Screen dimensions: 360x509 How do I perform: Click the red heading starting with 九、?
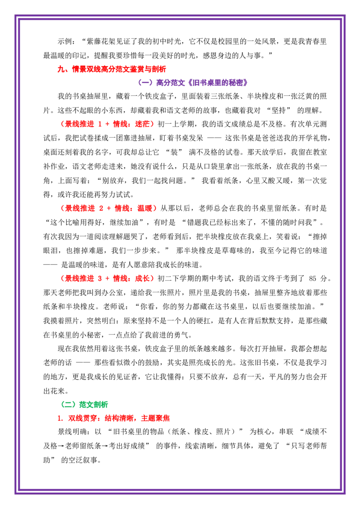pyautogui.click(x=112, y=69)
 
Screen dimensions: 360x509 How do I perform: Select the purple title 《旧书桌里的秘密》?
pyautogui.click(x=218, y=83)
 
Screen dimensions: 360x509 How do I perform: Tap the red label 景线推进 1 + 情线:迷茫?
pyautogui.click(x=107, y=125)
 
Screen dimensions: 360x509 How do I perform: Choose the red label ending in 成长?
pyautogui.click(x=107, y=278)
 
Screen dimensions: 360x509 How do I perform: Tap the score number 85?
pyautogui.click(x=313, y=278)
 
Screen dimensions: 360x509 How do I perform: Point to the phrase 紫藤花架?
pyautogui.click(x=101, y=41)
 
